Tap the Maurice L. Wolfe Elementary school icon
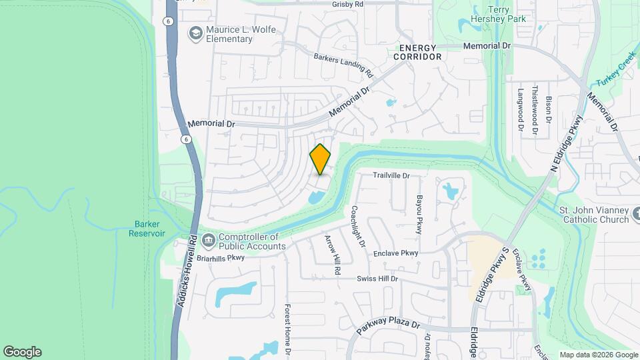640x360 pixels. click(x=195, y=33)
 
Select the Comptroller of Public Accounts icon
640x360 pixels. click(x=208, y=240)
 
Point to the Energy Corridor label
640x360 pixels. click(x=418, y=52)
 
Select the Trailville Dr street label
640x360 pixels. click(x=390, y=175)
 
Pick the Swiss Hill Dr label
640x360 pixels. click(x=377, y=278)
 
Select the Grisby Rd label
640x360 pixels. click(x=347, y=4)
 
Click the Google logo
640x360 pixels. click(x=22, y=352)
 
